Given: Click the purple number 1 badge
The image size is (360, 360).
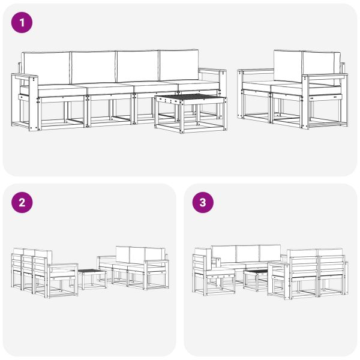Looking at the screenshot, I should point(22,23).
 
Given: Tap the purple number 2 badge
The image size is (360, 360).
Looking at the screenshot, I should point(22,202).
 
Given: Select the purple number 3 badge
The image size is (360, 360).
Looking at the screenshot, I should point(203,202).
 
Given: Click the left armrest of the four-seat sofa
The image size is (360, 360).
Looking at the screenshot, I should point(25,77).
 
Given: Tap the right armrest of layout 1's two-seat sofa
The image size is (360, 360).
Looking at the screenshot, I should point(324,77).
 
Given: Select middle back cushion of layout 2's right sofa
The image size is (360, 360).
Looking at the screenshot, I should point(137,254).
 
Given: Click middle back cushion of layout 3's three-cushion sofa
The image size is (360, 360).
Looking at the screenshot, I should point(248,253).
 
